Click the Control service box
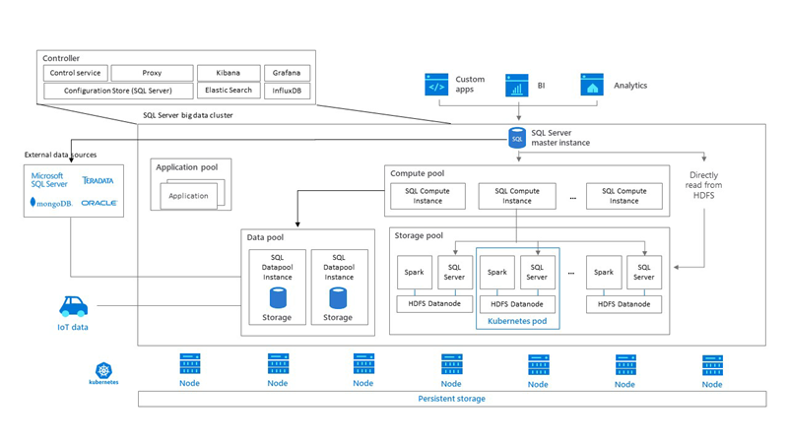[x=75, y=73]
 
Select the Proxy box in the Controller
[x=151, y=73]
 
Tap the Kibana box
[x=227, y=73]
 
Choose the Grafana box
[x=288, y=73]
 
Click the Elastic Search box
[x=227, y=91]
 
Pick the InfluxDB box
[x=288, y=91]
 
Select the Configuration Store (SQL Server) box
[x=117, y=91]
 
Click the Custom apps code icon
[x=436, y=86]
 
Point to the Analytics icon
[x=591, y=86]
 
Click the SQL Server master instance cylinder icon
[x=517, y=139]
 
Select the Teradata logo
[x=98, y=181]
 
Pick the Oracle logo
[x=98, y=203]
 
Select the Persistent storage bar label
[x=451, y=399]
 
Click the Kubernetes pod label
[x=517, y=321]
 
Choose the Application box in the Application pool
[x=188, y=195]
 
